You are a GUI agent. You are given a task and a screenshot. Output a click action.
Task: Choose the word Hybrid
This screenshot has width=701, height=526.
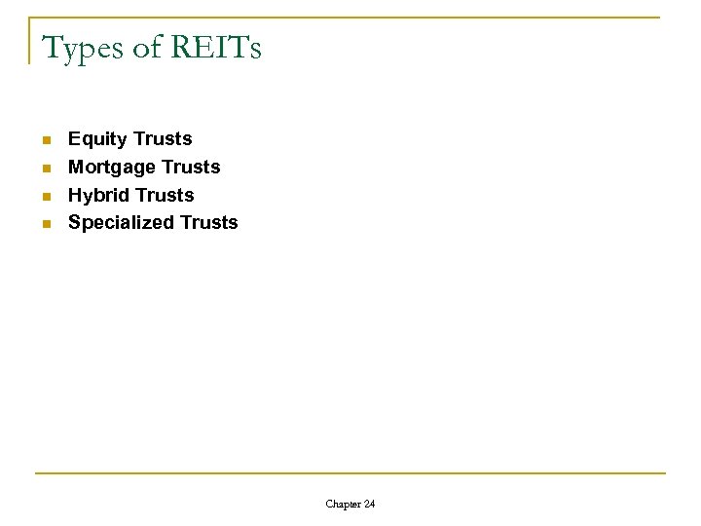coord(97,195)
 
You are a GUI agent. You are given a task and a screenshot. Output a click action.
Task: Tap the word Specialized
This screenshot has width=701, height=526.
coord(121,222)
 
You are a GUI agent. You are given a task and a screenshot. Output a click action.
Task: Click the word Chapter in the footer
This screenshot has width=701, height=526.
coord(342,504)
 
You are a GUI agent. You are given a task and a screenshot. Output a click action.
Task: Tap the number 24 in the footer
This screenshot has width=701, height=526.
coord(368,504)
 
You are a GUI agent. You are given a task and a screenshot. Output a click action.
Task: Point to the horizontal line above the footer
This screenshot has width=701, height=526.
coord(350,473)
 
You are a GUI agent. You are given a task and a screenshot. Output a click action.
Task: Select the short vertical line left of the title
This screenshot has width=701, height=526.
coord(29,41)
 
